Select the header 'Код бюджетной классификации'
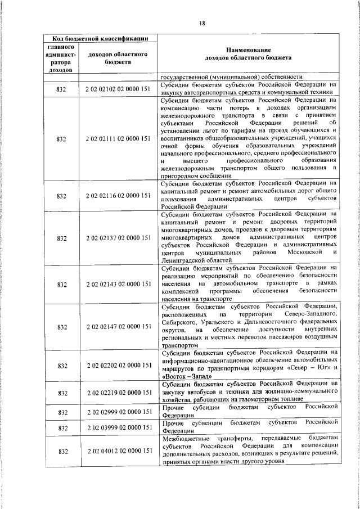point(96,38)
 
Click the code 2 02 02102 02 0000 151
point(118,89)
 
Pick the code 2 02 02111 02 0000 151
point(118,138)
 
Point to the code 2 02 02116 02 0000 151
point(118,196)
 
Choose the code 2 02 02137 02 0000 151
point(118,238)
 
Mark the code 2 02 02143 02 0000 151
point(118,284)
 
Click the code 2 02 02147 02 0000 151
point(118,326)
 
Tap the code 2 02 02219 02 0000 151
point(118,392)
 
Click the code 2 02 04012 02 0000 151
point(118,451)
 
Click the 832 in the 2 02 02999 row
point(62,412)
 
